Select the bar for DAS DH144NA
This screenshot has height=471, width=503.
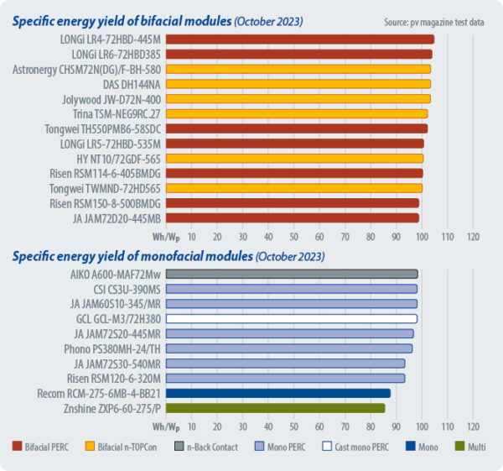(298, 83)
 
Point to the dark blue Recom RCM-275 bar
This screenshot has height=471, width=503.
(277, 393)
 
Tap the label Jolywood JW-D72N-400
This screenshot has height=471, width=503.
(111, 98)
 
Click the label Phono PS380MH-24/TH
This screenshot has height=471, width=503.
(112, 348)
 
